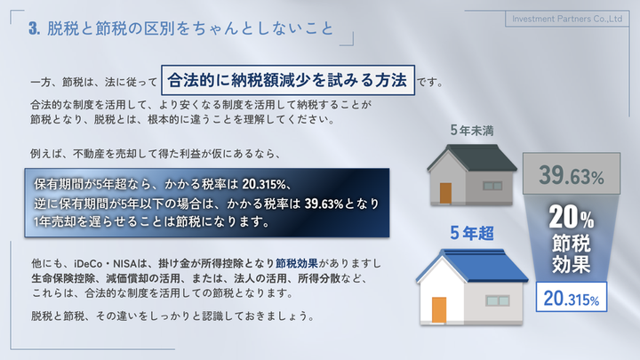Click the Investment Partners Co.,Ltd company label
[567, 19]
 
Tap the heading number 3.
[35, 28]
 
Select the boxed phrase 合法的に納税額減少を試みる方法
[288, 80]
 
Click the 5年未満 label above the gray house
[472, 131]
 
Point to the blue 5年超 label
[472, 233]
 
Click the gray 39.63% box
[572, 173]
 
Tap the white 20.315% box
[571, 297]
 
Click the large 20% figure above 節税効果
[571, 217]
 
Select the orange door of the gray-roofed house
[445, 193]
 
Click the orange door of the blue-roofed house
[439, 310]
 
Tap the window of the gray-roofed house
[492, 186]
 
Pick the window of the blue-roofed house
[498, 300]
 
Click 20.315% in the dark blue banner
[264, 185]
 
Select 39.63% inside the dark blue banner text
[324, 204]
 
